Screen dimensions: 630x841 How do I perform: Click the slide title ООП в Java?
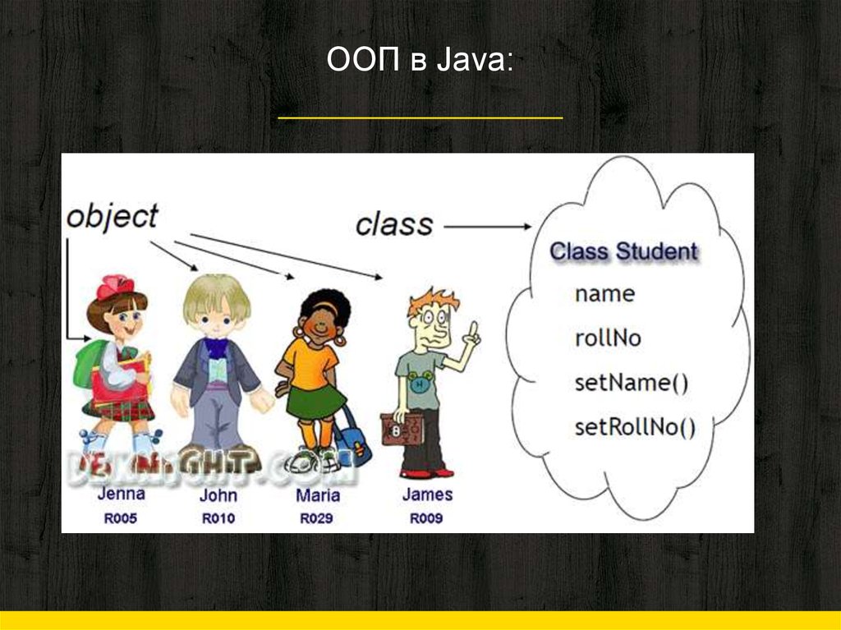420,61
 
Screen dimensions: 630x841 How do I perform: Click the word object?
112,217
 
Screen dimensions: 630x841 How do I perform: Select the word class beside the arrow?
394,224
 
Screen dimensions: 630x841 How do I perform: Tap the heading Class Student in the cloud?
623,251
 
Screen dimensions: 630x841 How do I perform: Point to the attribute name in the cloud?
604,293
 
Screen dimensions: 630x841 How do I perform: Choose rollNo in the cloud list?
608,338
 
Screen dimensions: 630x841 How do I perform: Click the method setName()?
631,382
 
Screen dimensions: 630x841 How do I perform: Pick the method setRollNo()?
635,426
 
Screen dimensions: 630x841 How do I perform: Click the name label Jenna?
121,494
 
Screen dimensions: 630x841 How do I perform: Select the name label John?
218,495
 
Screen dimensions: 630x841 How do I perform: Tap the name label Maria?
317,495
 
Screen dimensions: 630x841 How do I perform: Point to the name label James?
427,494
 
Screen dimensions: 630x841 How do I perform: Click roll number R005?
121,518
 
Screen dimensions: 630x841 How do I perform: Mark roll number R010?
218,518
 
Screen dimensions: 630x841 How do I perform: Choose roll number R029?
317,518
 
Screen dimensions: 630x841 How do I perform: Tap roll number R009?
426,518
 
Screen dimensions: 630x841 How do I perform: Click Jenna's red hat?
115,287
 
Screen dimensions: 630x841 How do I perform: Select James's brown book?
403,429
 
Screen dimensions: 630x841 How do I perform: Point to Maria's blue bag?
352,444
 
